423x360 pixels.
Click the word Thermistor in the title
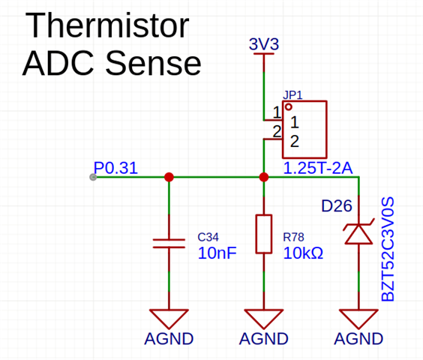click(107, 26)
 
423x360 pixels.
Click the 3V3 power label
click(264, 44)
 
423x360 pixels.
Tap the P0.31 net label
click(115, 168)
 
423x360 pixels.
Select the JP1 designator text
click(292, 95)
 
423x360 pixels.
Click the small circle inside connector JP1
click(289, 107)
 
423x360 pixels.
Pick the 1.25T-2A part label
click(318, 168)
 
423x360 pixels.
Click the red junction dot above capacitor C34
click(169, 177)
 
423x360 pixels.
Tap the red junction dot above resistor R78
click(264, 177)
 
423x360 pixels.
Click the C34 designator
click(208, 237)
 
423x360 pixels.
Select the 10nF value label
click(217, 253)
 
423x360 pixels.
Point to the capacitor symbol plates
click(169, 243)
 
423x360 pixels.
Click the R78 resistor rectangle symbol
click(264, 234)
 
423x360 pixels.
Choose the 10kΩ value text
click(303, 253)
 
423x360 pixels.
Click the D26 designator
click(337, 206)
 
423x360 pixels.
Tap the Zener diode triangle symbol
click(358, 234)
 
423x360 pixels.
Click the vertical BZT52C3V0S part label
click(388, 249)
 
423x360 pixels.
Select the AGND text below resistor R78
click(264, 339)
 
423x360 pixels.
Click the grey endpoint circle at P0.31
click(93, 177)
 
